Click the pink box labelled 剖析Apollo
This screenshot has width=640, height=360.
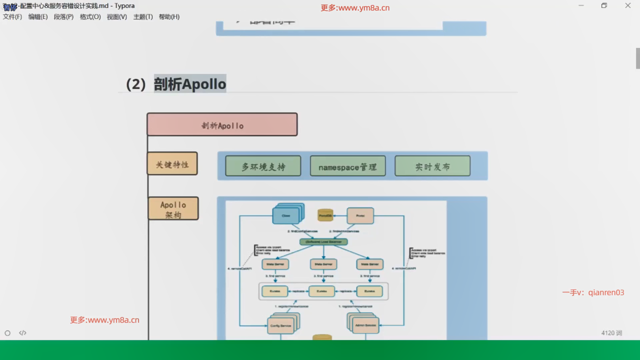tap(222, 124)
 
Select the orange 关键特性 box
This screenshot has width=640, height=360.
tap(172, 164)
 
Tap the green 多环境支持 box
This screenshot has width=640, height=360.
tap(263, 166)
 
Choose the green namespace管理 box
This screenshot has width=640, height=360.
tap(348, 166)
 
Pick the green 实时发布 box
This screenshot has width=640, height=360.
tap(432, 166)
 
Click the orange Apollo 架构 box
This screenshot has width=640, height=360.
tap(173, 209)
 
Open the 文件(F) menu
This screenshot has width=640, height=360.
tap(12, 17)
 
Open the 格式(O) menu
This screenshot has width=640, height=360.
tap(90, 17)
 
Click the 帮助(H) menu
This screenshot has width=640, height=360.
tap(169, 17)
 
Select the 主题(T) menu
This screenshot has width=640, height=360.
tap(143, 17)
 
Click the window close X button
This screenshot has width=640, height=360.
tap(628, 6)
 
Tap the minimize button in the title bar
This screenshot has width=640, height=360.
tap(581, 6)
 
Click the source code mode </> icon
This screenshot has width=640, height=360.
tap(23, 333)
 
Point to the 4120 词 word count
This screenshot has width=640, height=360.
tap(612, 333)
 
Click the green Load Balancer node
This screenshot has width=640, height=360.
tap(324, 242)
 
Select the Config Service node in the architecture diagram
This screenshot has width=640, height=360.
tap(281, 326)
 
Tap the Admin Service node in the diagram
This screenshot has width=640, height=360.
tap(366, 325)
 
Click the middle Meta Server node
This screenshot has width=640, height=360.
tap(323, 264)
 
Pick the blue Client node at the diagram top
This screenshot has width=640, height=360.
tap(286, 216)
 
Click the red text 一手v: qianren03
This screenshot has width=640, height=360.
tap(593, 292)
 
